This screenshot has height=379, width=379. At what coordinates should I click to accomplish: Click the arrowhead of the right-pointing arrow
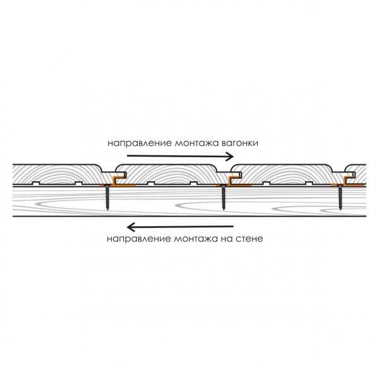pos(231,155)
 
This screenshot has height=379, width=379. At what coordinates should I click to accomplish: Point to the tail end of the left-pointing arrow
pos(234,227)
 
